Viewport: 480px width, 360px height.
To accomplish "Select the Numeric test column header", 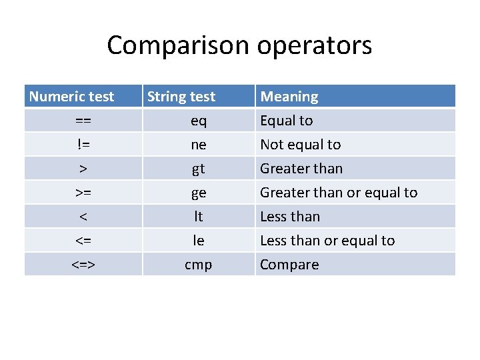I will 72,97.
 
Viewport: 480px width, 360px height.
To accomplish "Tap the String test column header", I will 181,97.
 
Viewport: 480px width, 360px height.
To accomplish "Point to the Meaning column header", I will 289,97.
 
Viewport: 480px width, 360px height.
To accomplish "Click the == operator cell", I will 83,121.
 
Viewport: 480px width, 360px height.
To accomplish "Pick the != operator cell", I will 83,145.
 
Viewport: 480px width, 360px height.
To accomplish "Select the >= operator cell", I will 83,193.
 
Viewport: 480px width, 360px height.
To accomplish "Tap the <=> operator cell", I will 83,265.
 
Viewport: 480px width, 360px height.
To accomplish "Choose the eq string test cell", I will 199,121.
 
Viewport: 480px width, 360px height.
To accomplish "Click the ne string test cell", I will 199,145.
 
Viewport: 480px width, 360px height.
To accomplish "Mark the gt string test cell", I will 199,169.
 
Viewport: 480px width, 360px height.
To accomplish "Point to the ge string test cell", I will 199,193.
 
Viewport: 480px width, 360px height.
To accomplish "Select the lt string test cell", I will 199,217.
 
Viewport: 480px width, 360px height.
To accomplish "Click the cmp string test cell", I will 199,265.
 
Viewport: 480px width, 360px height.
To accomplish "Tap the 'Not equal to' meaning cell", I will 300,145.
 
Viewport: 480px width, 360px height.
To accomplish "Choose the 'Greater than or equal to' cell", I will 339,193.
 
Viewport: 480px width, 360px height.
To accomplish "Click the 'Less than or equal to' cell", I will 327,241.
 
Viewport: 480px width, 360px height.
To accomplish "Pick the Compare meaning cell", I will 289,265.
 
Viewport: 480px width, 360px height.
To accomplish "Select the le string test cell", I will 199,241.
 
